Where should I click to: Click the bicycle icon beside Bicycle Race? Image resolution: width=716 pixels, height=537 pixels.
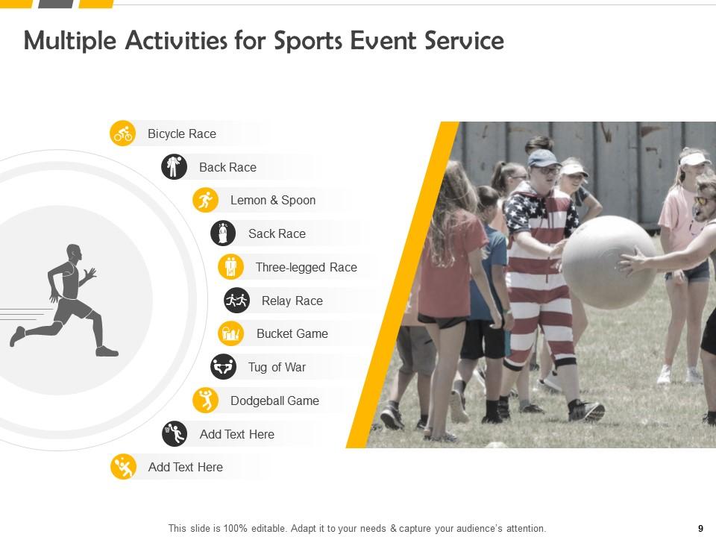[x=123, y=134]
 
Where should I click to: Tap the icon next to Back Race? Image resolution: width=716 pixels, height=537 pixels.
[x=174, y=167]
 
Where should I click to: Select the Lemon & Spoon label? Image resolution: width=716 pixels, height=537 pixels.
[x=272, y=200]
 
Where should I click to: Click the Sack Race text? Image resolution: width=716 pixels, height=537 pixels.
[x=277, y=233]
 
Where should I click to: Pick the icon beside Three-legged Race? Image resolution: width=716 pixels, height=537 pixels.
[x=230, y=267]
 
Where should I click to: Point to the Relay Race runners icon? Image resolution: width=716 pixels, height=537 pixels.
[x=236, y=301]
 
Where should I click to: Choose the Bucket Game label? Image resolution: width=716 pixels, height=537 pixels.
[x=292, y=333]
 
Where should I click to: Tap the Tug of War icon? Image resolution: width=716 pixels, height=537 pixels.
[x=223, y=367]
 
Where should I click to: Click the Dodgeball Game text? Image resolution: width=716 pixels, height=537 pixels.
[x=274, y=401]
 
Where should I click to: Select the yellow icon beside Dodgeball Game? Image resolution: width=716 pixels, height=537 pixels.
[x=205, y=401]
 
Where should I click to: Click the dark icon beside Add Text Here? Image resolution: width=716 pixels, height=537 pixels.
[x=175, y=434]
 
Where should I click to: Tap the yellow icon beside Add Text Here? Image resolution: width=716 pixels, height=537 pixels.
[x=123, y=467]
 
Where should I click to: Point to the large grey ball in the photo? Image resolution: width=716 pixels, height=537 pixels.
[x=609, y=262]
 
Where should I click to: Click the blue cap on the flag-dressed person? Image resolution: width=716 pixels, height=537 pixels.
[x=542, y=158]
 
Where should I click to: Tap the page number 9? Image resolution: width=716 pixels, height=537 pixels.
[x=700, y=528]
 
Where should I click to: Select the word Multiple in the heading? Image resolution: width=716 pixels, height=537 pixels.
[x=70, y=40]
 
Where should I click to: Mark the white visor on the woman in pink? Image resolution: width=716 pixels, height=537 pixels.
[x=694, y=159]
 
